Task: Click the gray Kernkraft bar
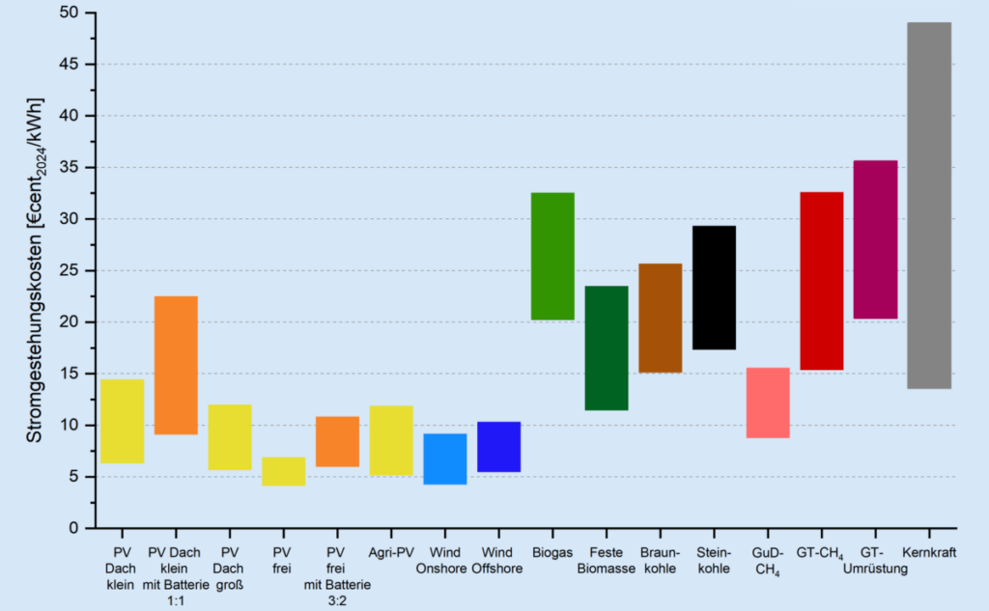[x=928, y=205]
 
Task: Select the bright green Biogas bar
[x=552, y=256]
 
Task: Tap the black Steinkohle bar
[x=714, y=287]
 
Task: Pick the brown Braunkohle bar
[x=661, y=318]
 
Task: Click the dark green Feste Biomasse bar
[x=607, y=347]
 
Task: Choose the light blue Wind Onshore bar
[x=445, y=458]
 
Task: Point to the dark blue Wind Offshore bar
[x=498, y=447]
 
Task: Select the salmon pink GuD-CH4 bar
[x=768, y=403]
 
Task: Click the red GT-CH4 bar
[x=821, y=281]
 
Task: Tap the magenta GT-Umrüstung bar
[x=875, y=239]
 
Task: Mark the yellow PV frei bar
[x=283, y=471]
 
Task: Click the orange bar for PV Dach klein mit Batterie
[x=176, y=365]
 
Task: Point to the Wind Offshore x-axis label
[x=497, y=561]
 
